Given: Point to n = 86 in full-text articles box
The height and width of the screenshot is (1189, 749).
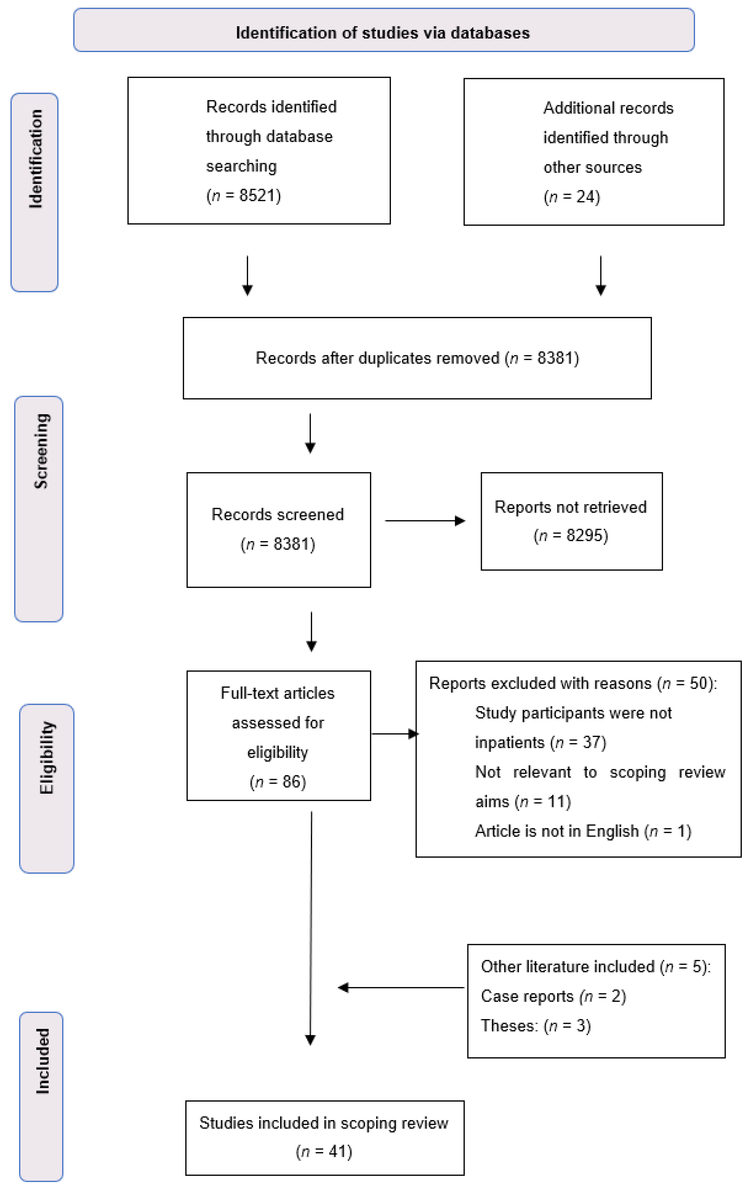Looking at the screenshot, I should (278, 782).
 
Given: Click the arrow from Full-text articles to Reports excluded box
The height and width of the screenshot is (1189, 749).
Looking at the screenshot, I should (394, 734).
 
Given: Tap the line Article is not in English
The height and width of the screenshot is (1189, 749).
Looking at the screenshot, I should (582, 831).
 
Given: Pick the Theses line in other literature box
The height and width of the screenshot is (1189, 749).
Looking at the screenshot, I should (535, 1026).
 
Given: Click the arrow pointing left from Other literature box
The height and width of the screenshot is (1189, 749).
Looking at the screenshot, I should (401, 987).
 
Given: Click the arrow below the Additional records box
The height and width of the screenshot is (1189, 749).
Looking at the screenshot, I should (601, 275).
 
